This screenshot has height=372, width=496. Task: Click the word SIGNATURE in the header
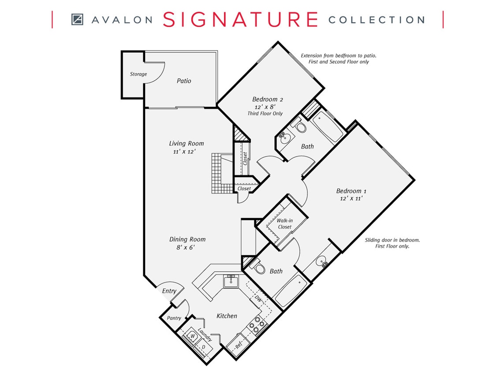point(240,19)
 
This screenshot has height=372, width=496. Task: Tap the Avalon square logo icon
point(77,19)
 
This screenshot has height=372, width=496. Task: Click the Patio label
point(184,81)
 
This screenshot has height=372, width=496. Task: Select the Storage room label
point(138,74)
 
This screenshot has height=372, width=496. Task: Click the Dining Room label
point(187,239)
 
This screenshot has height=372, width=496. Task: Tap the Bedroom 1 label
point(351,191)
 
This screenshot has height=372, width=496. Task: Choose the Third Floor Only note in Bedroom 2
point(265,114)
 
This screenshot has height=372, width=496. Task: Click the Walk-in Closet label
point(284,223)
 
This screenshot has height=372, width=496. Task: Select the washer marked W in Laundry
point(192,336)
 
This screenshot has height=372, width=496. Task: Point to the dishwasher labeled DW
point(259,299)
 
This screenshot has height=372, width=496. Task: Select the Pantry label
point(174,318)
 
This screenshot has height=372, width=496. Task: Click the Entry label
point(169,291)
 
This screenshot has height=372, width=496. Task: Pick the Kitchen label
point(227,316)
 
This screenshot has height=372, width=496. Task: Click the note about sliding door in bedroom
point(392,243)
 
